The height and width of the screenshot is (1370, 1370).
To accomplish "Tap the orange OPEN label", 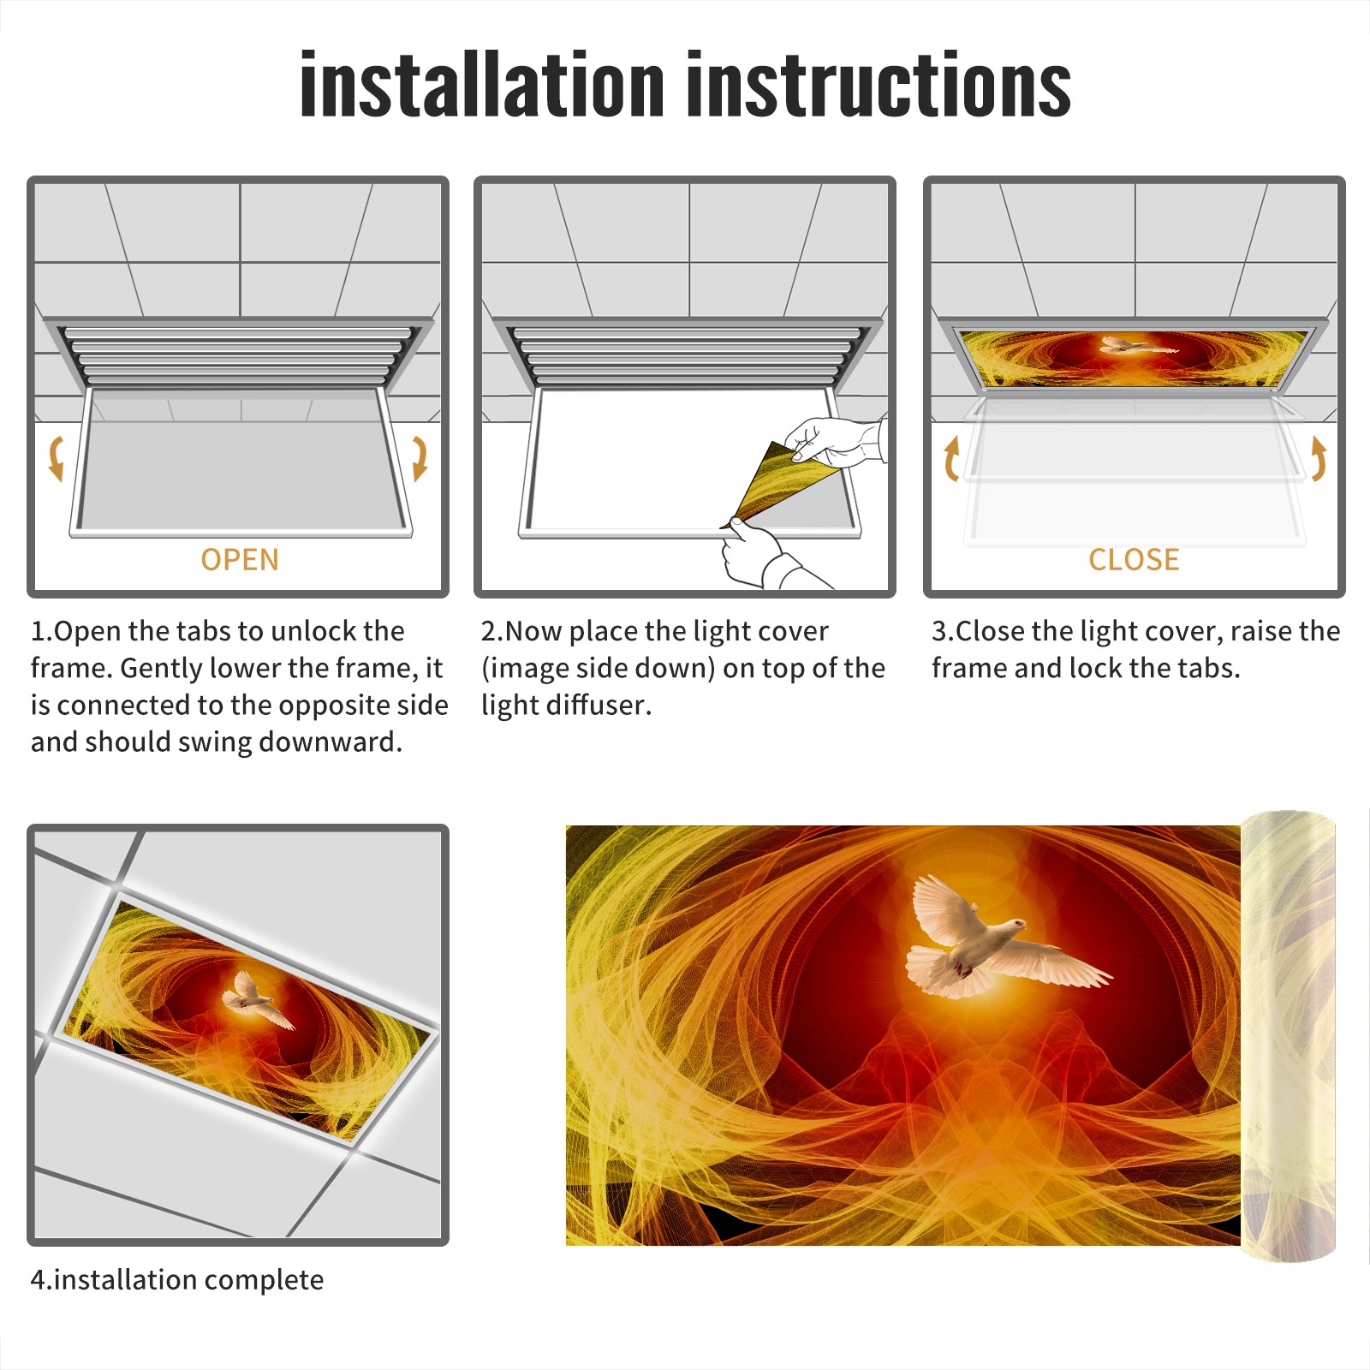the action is [240, 560].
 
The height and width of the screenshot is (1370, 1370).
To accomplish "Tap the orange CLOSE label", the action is [1134, 560].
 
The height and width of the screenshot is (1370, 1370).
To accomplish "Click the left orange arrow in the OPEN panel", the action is [56, 458].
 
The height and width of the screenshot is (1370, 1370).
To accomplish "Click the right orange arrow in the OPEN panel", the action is [420, 458].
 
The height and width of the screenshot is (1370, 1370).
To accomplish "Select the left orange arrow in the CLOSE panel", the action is [951, 458].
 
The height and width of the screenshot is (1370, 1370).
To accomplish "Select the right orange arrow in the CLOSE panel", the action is [1319, 458].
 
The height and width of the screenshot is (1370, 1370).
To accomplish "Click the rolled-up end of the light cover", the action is [1288, 1036].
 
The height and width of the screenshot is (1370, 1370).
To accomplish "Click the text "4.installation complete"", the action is [177, 1280].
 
